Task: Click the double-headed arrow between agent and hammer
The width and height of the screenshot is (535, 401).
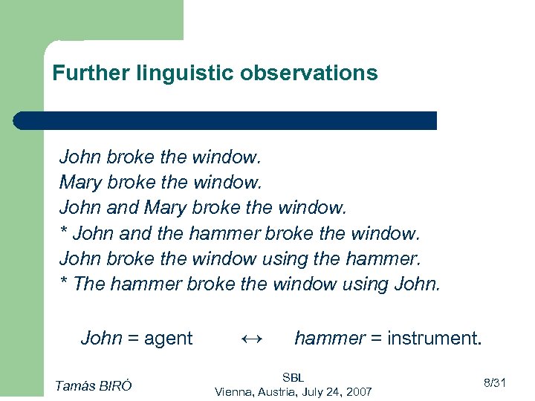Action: [x=252, y=339]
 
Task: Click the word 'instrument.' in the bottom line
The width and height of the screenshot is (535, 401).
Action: [x=436, y=339]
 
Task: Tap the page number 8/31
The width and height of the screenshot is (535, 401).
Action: [x=494, y=382]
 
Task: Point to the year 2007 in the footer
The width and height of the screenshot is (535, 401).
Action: [x=359, y=391]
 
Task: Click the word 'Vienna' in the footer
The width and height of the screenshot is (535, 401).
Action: [x=234, y=391]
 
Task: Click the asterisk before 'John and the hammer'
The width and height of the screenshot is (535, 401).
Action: [x=64, y=233]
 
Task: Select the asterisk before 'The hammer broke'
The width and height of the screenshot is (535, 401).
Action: [x=64, y=284]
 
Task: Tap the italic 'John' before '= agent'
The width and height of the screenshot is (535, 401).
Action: [x=101, y=339]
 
